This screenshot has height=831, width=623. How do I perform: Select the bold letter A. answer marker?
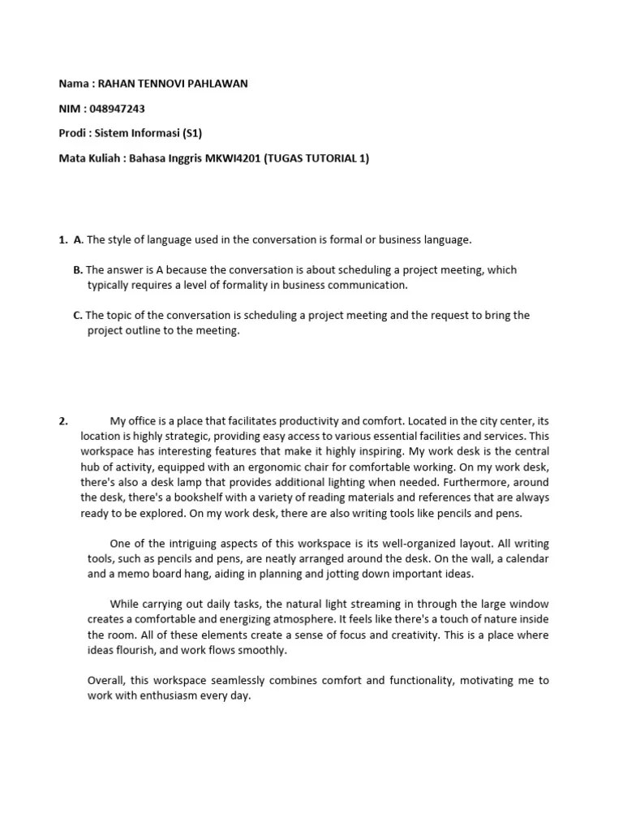pos(78,239)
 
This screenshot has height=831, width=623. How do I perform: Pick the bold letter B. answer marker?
pos(78,269)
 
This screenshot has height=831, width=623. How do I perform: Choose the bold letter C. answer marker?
pos(78,315)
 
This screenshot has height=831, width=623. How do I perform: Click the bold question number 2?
pos(62,420)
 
